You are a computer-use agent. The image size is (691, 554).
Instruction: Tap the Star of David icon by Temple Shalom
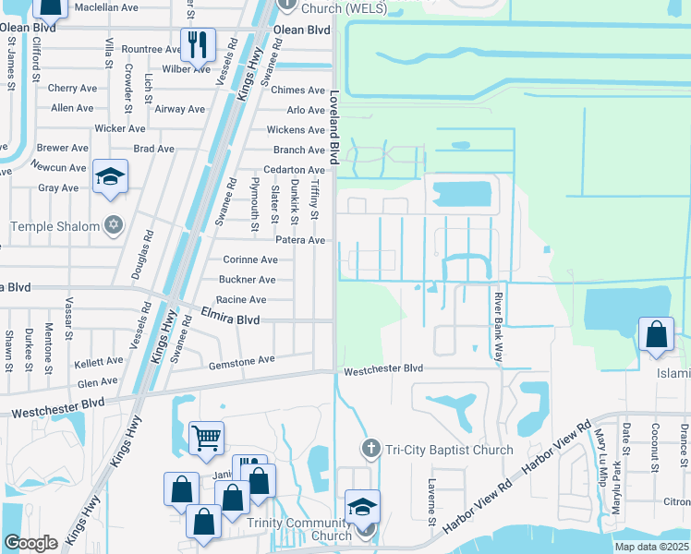click(x=115, y=226)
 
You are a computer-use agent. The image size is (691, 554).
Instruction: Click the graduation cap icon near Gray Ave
click(x=110, y=177)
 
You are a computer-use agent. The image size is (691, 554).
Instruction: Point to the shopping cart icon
click(x=205, y=438)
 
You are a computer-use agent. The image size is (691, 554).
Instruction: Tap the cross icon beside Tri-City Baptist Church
click(x=371, y=450)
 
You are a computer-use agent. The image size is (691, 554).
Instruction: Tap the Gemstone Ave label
click(x=241, y=359)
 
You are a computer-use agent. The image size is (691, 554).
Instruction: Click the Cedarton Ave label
click(x=294, y=170)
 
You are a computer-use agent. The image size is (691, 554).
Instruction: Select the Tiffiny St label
click(x=315, y=200)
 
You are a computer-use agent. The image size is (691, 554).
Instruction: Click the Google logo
click(x=30, y=543)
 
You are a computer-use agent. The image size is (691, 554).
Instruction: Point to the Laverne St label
click(x=431, y=502)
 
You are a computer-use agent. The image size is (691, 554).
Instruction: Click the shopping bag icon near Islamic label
click(x=655, y=335)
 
